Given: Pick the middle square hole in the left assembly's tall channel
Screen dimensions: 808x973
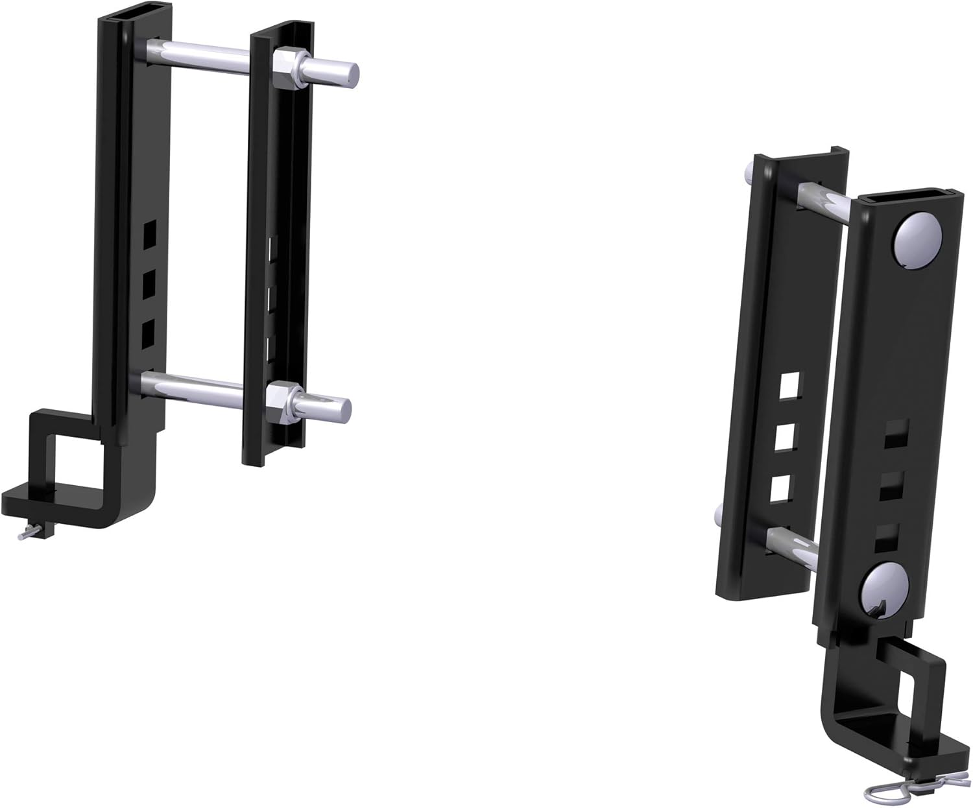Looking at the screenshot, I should pos(149,282).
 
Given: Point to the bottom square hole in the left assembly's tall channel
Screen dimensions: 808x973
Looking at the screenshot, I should pos(149,333).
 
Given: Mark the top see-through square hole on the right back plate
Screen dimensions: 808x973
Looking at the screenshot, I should pos(789,386).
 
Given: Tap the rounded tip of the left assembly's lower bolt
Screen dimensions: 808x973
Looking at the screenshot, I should pos(339,409).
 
